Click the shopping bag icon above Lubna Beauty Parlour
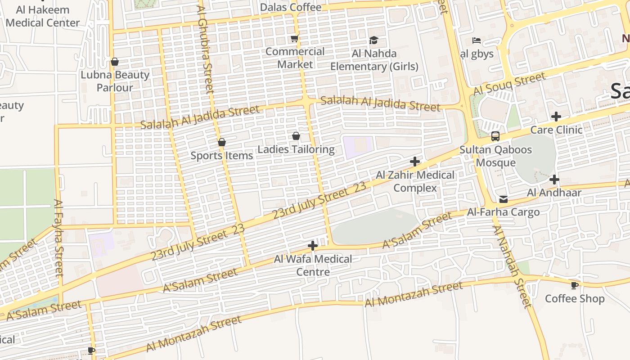click(x=115, y=62)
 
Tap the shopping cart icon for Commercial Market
click(x=295, y=39)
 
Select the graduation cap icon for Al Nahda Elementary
click(x=373, y=40)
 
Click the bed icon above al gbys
click(x=477, y=40)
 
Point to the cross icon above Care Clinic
click(x=556, y=117)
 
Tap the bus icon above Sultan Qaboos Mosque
click(x=495, y=136)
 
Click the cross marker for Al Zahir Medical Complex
click(x=415, y=162)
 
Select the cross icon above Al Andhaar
click(x=554, y=180)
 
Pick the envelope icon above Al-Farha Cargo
click(x=503, y=199)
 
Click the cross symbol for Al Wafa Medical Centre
click(x=313, y=246)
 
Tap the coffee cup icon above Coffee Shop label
click(x=574, y=285)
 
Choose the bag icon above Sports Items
click(x=221, y=143)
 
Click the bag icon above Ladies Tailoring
click(x=296, y=136)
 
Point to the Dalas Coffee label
click(x=291, y=7)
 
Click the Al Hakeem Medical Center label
click(x=43, y=16)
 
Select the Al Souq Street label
click(x=509, y=84)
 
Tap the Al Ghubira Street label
click(x=205, y=49)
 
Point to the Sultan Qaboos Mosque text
click(x=495, y=156)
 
